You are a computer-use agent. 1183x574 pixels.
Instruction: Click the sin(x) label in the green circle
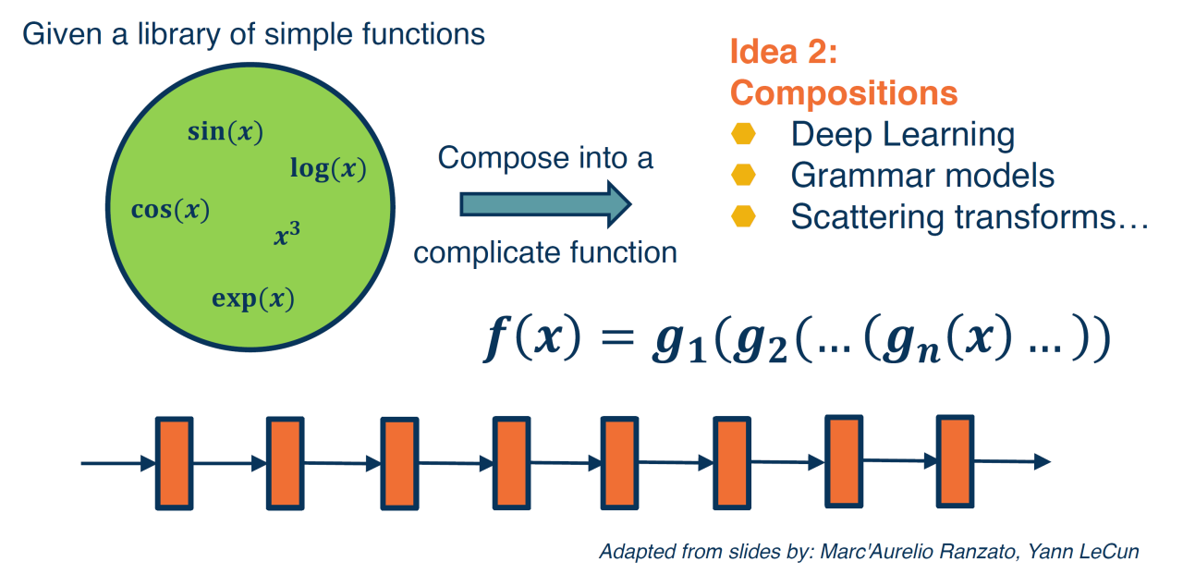tap(226, 132)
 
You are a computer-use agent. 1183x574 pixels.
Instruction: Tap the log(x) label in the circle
tap(328, 169)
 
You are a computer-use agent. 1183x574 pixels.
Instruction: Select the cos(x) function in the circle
tap(171, 210)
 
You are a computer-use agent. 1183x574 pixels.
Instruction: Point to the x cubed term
tap(287, 235)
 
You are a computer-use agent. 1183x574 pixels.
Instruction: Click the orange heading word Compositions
tap(843, 93)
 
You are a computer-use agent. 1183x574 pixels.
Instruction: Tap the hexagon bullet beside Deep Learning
tap(743, 134)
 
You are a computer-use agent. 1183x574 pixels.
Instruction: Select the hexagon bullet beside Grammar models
tap(743, 175)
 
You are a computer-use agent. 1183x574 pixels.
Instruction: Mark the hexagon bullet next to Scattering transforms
tap(743, 216)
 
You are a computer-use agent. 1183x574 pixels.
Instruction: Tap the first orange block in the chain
tap(173, 462)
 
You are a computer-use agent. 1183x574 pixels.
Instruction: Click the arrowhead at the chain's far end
tap(1042, 460)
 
